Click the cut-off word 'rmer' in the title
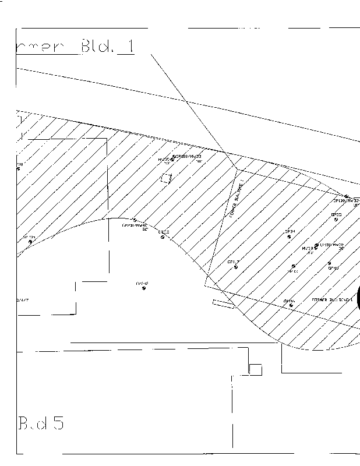click(44, 48)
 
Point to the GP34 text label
click(290, 231)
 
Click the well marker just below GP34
click(289, 236)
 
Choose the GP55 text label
click(336, 214)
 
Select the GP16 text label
click(290, 301)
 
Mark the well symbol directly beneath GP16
click(291, 305)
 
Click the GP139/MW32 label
click(347, 200)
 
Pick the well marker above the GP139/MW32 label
click(346, 196)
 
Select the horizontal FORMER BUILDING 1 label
click(332, 299)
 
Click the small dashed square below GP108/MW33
click(167, 179)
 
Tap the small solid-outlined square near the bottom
click(255, 369)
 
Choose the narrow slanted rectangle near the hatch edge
click(224, 303)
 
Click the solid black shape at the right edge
click(358, 297)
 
